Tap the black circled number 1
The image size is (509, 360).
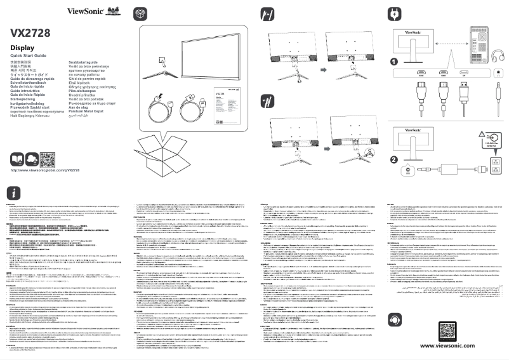(x=394, y=62)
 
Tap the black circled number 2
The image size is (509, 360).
(x=394, y=160)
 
